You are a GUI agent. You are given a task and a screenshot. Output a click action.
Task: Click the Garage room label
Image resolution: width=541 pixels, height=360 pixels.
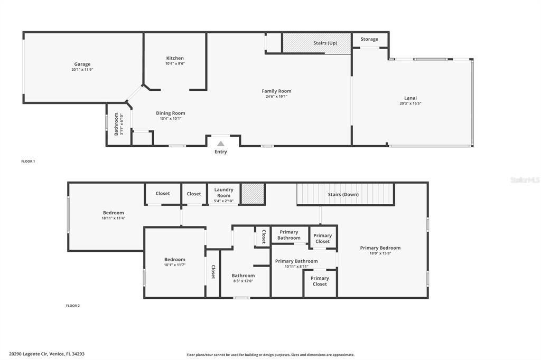click(x=82, y=64)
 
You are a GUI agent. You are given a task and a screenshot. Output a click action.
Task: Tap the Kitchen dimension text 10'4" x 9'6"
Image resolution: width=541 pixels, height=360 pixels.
click(x=175, y=64)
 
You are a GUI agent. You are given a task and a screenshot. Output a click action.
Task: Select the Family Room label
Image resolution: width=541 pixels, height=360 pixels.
click(x=276, y=91)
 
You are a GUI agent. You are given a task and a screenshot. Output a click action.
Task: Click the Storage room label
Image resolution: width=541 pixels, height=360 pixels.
click(x=369, y=39)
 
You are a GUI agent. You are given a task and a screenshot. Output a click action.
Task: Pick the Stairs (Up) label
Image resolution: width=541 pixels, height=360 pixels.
click(x=325, y=43)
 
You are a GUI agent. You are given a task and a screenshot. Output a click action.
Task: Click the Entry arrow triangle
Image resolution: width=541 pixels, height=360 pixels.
click(x=221, y=143)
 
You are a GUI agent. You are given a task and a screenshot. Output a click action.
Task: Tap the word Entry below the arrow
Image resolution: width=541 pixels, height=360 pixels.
click(x=221, y=152)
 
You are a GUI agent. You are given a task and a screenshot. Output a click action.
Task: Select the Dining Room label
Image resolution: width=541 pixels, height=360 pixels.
click(x=171, y=113)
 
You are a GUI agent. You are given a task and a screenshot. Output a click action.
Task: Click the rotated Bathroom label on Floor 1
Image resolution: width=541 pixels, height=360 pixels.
click(x=116, y=125)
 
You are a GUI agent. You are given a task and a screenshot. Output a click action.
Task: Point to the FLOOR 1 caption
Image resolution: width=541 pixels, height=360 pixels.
click(x=28, y=161)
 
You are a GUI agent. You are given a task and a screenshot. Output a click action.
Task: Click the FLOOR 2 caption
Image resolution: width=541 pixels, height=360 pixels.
click(x=73, y=306)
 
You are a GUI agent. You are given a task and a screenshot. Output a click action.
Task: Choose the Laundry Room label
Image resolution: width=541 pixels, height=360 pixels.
click(x=223, y=193)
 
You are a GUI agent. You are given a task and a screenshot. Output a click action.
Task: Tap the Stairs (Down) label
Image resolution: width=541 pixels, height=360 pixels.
click(x=343, y=194)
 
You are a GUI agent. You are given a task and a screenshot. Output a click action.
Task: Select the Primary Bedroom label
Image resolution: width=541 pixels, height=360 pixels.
click(x=380, y=248)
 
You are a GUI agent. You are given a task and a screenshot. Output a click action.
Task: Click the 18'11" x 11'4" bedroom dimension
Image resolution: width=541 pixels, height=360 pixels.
click(x=114, y=218)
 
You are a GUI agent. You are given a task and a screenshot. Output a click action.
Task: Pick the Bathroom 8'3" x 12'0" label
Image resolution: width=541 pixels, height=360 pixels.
click(x=243, y=276)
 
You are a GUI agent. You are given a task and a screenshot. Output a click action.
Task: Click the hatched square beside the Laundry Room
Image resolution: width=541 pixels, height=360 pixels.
click(x=253, y=193)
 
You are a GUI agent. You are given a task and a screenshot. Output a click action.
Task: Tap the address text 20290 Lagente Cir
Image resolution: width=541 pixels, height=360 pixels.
click(x=46, y=354)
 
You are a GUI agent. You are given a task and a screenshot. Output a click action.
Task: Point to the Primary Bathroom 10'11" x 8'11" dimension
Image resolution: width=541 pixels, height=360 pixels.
click(x=296, y=267)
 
